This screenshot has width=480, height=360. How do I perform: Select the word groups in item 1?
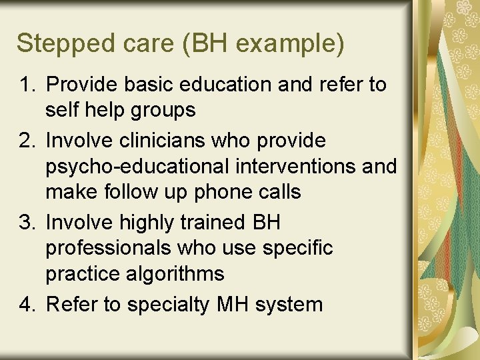click(x=163, y=111)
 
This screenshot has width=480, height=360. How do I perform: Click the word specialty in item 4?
click(x=169, y=305)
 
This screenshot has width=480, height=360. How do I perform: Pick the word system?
click(x=291, y=305)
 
